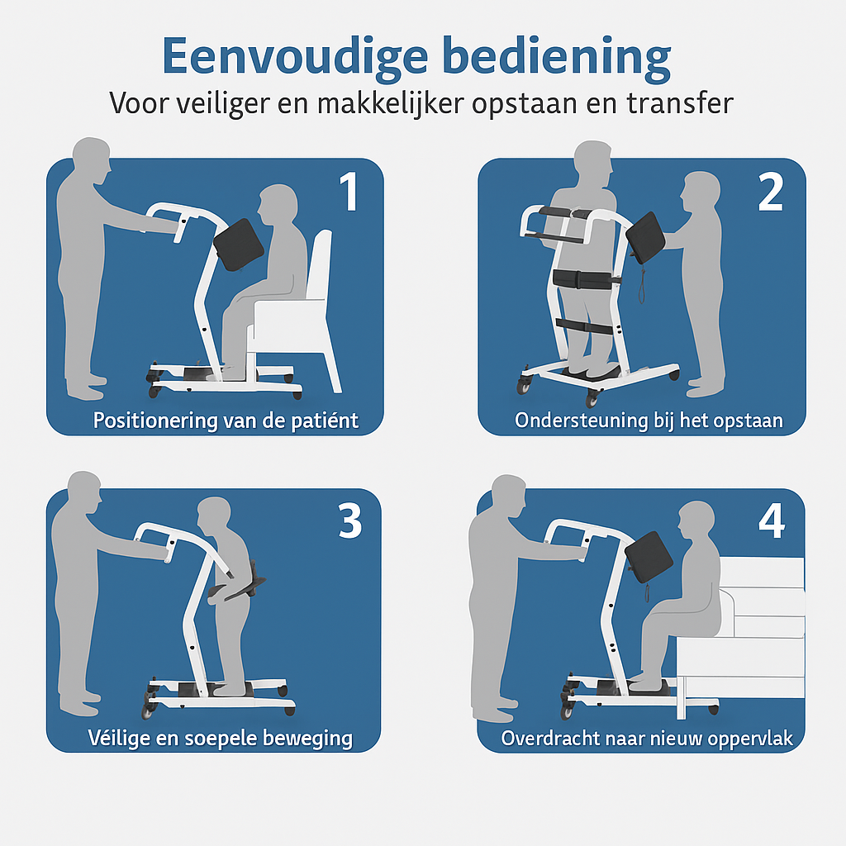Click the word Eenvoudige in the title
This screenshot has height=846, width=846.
[x=295, y=57]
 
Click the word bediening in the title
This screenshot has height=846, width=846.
[x=556, y=57]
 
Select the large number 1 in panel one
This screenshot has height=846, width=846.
[x=349, y=191]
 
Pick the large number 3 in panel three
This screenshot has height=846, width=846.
[x=349, y=520]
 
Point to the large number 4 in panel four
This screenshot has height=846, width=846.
[x=772, y=520]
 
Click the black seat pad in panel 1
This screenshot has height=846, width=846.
[x=239, y=245]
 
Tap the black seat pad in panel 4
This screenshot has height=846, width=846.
[x=649, y=557]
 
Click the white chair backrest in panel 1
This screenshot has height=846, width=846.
[x=320, y=264]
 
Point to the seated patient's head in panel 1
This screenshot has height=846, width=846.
[x=278, y=205]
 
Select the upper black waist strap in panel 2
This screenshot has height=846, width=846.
[x=586, y=279]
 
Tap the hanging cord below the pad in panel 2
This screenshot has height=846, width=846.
[x=642, y=283]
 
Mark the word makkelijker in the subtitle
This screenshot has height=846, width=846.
[x=390, y=103]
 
